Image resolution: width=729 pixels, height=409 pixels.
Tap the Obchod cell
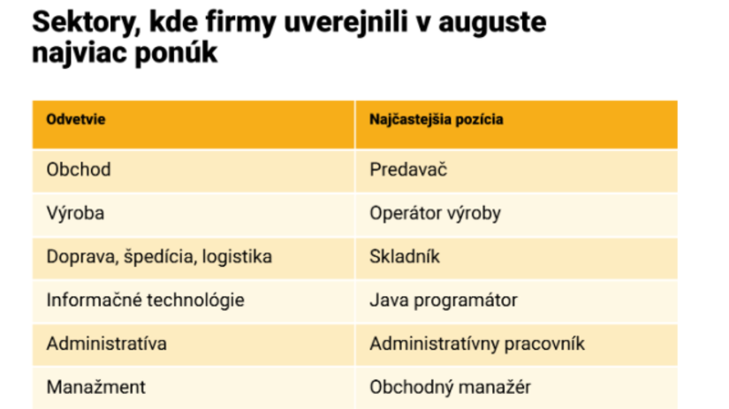[79, 170]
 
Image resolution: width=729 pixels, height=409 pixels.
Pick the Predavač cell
[408, 170]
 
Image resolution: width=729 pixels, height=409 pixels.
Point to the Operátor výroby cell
[436, 213]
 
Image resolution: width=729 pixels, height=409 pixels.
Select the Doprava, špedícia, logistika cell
[159, 256]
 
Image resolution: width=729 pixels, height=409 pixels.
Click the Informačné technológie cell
[145, 299]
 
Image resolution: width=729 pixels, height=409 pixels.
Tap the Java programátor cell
[444, 299]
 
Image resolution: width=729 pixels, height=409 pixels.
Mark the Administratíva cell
[106, 343]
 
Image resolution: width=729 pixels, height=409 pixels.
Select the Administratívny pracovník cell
[477, 343]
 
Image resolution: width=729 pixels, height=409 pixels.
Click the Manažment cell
[95, 386]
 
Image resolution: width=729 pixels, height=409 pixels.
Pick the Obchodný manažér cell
[451, 386]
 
